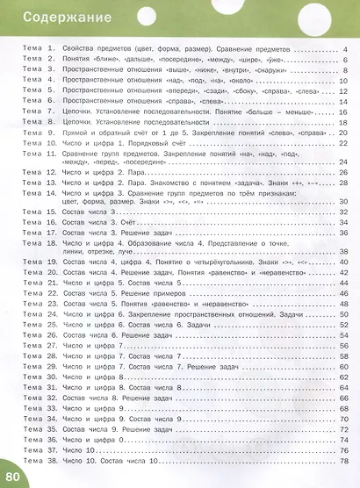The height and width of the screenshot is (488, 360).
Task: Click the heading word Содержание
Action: [54, 17]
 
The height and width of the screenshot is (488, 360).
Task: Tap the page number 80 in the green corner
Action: [12, 477]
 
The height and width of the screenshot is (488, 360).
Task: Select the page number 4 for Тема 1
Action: [345, 50]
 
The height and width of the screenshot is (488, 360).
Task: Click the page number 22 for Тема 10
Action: [343, 143]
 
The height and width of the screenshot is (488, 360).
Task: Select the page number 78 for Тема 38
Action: [343, 460]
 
